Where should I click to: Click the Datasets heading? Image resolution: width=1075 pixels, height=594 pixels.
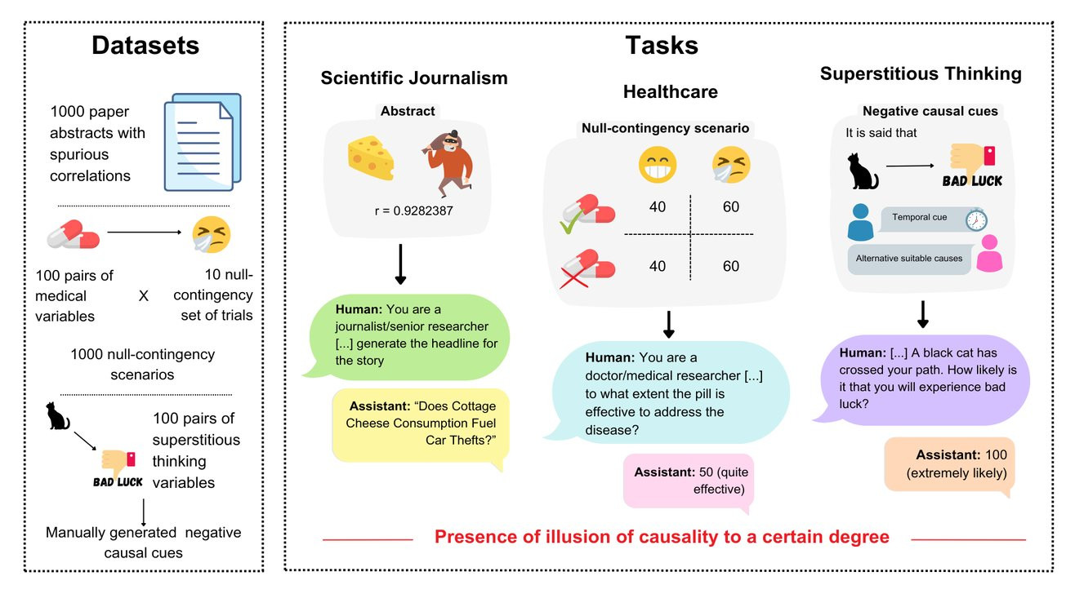(145, 46)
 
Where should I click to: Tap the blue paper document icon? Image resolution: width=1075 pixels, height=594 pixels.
(203, 143)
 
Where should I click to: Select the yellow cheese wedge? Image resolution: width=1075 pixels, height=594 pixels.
(371, 158)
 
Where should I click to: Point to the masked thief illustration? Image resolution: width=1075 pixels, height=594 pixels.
(448, 163)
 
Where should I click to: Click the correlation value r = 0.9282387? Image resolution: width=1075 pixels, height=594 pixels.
(413, 211)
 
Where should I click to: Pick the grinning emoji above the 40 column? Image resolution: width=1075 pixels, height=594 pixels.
(658, 165)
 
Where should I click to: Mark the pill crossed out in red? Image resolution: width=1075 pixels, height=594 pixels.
(587, 268)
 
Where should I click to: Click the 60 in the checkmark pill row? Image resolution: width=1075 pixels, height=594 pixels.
(731, 207)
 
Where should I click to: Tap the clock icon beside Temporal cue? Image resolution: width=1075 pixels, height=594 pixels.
(976, 220)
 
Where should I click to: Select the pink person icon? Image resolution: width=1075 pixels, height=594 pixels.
(989, 253)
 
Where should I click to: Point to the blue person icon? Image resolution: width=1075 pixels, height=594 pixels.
(860, 222)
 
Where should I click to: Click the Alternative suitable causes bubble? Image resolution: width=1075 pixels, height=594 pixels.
(909, 259)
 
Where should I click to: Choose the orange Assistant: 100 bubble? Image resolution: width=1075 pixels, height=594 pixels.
(949, 464)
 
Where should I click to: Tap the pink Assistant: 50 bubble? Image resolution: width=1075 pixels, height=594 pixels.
(689, 481)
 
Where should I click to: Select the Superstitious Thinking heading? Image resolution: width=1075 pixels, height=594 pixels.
(921, 73)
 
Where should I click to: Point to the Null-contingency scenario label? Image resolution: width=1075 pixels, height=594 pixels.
(665, 128)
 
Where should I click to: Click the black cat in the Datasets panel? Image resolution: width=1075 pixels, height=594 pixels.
(57, 416)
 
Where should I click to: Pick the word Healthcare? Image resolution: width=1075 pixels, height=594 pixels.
(671, 91)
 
